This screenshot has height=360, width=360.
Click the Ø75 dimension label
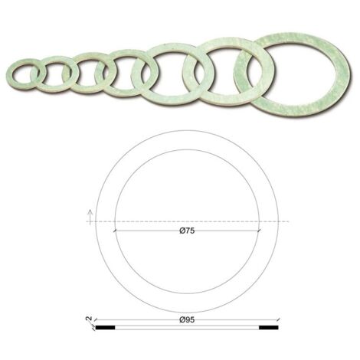coord(187,231)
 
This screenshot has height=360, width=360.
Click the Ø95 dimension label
coord(187,319)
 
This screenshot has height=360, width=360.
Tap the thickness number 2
coord(89,319)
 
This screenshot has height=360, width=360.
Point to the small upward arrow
coord(90,215)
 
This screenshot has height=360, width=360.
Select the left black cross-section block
coord(105,327)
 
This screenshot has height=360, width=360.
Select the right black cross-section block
coord(269,327)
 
